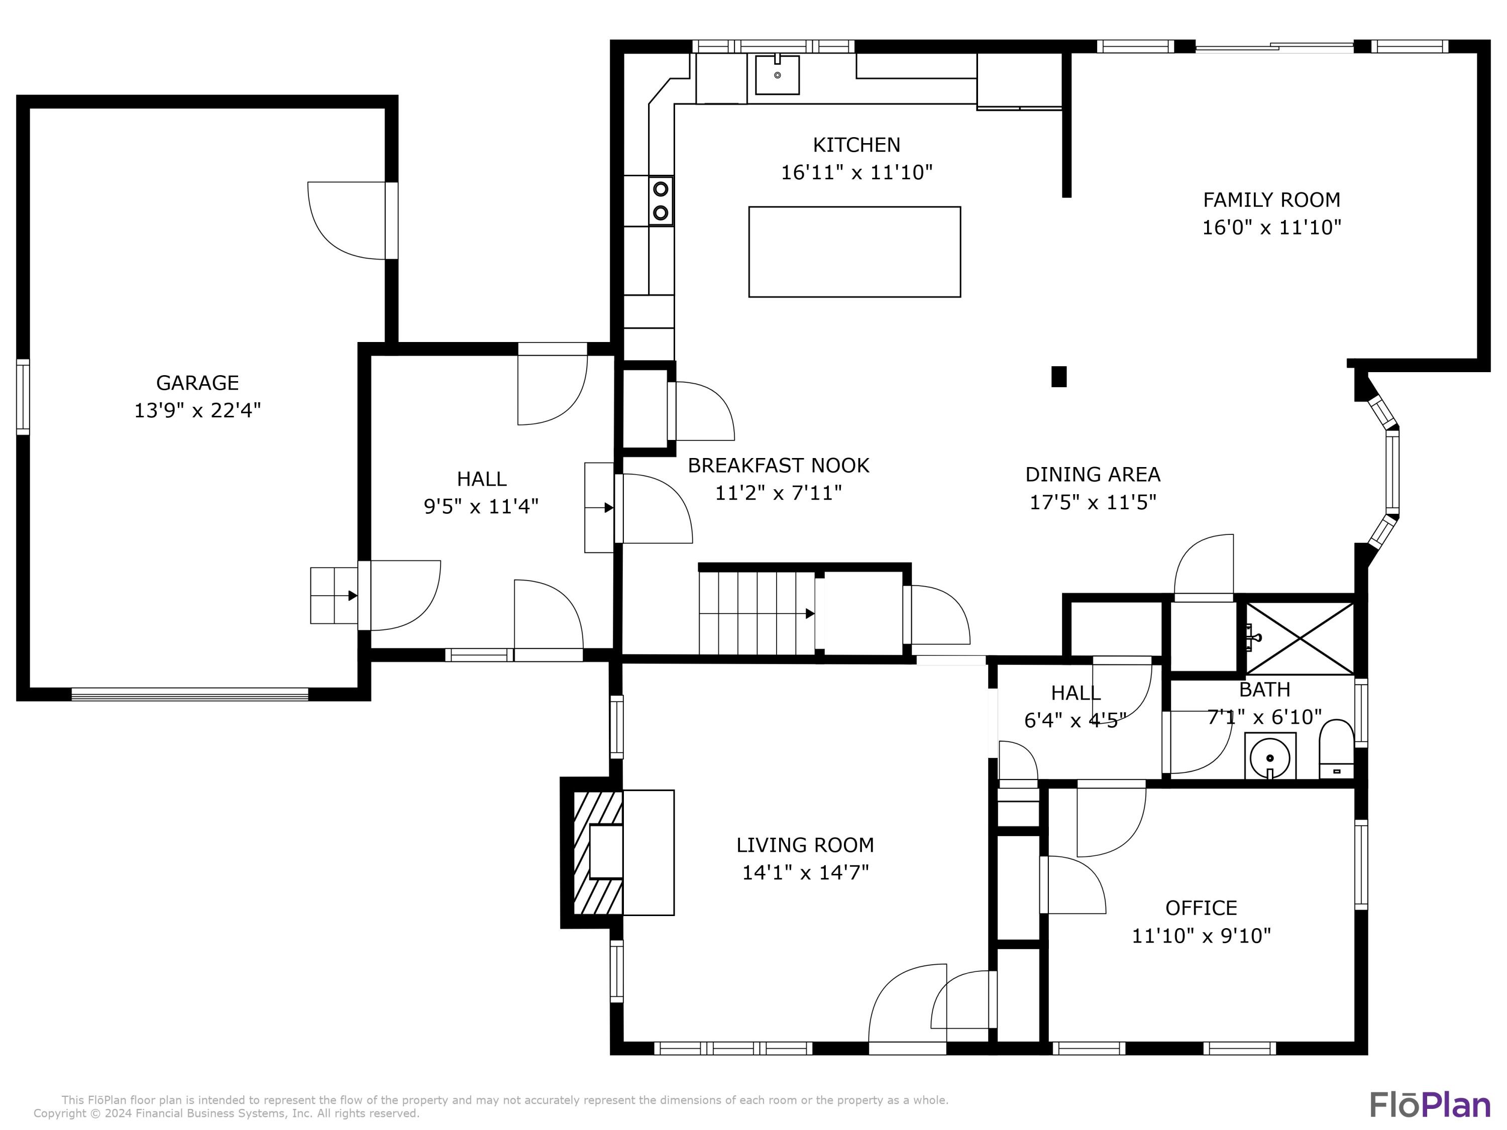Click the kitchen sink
777,75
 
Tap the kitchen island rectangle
854,252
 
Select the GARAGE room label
197,383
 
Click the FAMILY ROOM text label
1271,199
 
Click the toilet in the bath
1336,749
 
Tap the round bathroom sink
1270,756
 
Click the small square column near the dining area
1059,377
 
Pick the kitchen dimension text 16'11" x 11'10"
856,172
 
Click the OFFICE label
1201,908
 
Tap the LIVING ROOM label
805,845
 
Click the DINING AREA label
1093,474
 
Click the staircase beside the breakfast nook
758,613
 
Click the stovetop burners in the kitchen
660,201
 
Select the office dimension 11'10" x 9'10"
1201,936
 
